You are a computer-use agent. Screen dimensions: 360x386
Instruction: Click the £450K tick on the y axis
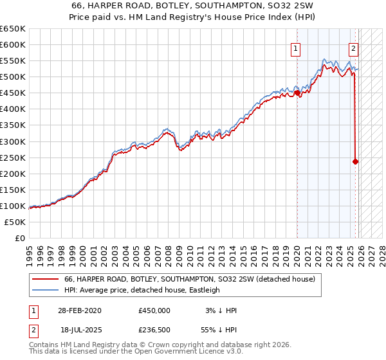(x=13, y=93)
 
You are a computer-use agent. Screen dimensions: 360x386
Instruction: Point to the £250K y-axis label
(x=13, y=157)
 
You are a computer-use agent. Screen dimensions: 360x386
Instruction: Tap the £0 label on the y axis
(x=19, y=238)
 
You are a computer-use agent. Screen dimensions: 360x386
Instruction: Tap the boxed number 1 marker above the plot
(x=295, y=47)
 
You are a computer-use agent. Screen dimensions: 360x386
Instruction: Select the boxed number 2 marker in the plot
(x=354, y=47)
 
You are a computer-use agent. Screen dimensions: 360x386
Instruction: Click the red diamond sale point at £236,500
(x=356, y=162)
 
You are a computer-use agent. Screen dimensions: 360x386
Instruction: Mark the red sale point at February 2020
(x=297, y=93)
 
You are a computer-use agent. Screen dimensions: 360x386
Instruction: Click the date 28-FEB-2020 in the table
(x=80, y=310)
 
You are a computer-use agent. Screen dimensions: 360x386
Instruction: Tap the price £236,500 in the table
(x=154, y=328)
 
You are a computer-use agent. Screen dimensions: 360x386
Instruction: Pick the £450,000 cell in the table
(x=154, y=310)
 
